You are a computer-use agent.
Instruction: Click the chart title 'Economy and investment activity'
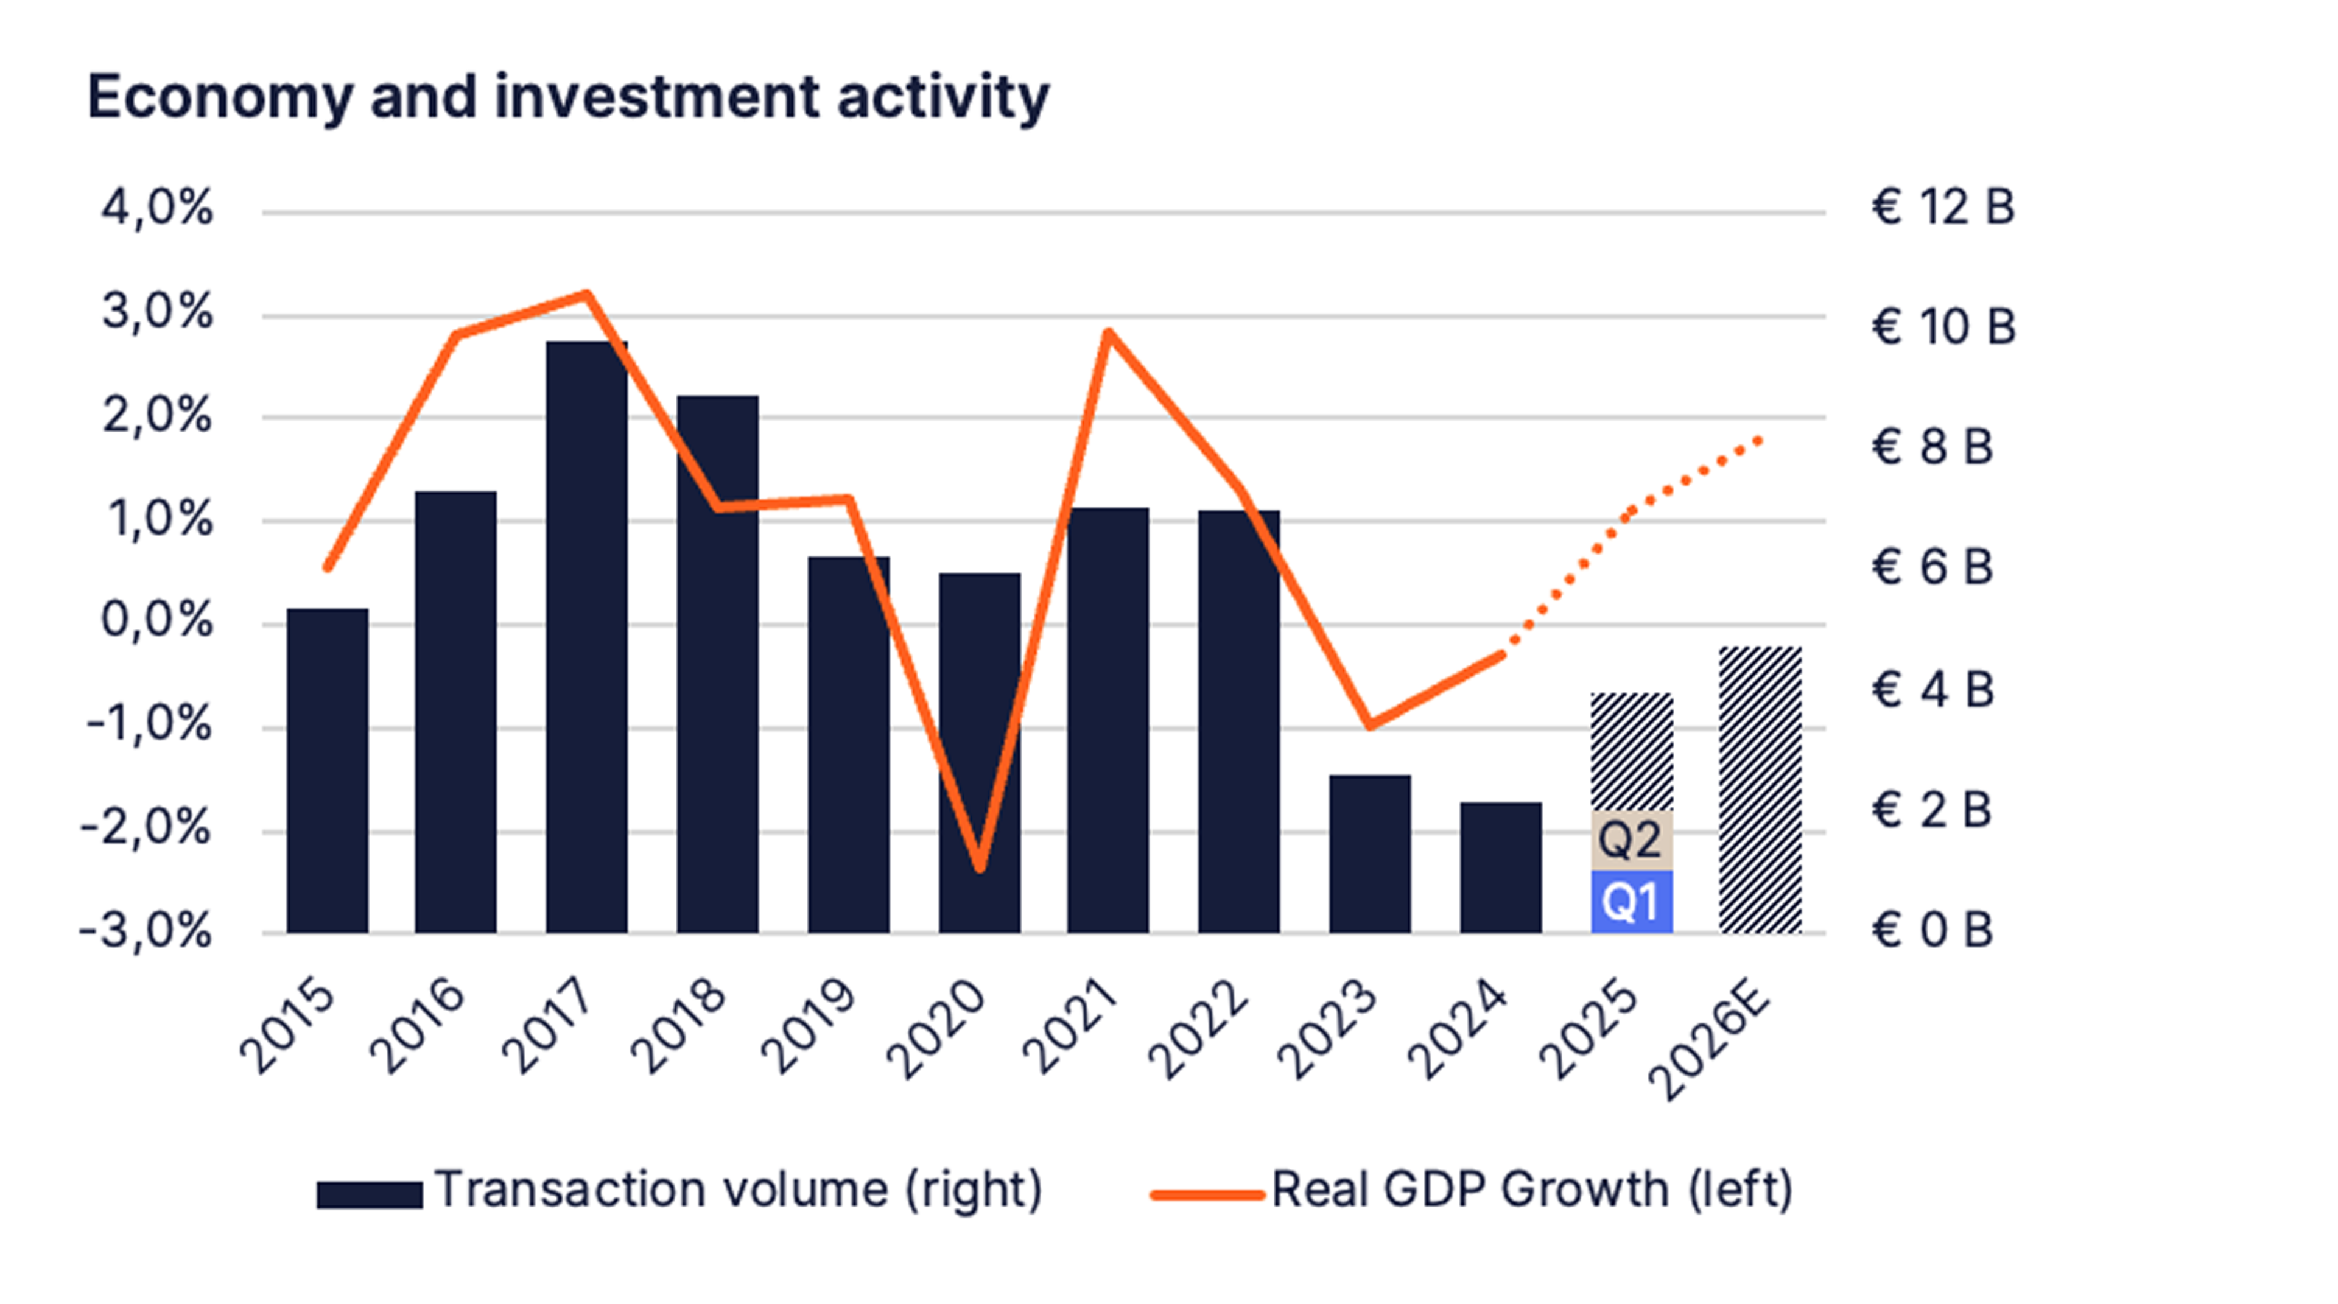coord(568,97)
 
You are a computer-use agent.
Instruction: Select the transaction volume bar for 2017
coord(586,635)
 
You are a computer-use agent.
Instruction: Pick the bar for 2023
coord(1369,853)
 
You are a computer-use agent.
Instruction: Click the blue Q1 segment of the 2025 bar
coord(1631,901)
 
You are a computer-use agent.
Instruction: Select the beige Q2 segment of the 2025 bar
coord(1631,840)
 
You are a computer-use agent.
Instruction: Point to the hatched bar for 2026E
coord(1760,790)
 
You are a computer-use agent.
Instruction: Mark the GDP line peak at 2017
coord(587,294)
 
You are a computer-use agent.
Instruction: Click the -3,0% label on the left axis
coord(146,931)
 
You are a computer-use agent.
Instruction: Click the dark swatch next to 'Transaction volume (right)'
coord(368,1194)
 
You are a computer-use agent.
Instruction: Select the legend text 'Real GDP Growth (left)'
coord(1532,1190)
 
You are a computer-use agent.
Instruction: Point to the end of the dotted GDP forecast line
coord(1760,440)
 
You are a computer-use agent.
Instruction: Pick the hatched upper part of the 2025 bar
coord(1631,751)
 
